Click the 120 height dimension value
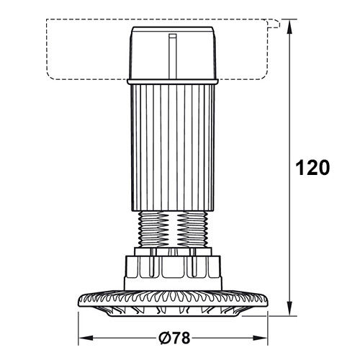(x=312, y=167)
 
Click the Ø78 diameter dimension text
(x=174, y=338)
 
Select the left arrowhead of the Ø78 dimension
(x=86, y=338)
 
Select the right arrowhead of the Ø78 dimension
(x=260, y=338)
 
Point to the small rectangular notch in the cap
(x=173, y=36)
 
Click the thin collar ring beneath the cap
(x=173, y=82)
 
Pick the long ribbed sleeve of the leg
(x=173, y=148)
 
